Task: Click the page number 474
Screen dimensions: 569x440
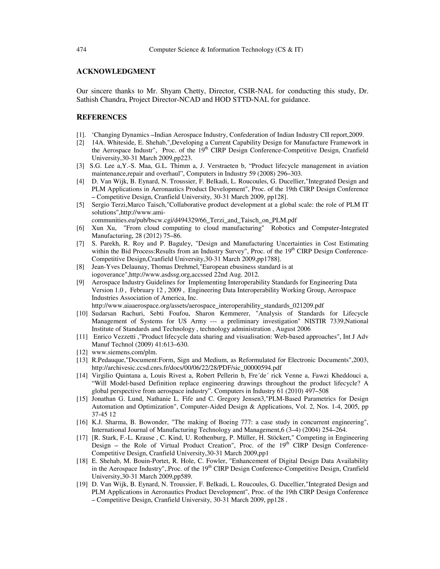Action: (x=81, y=50)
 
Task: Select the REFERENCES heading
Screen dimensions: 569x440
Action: (x=102, y=117)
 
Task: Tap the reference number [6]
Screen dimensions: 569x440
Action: (x=80, y=228)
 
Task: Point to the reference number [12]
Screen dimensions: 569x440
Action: (x=82, y=353)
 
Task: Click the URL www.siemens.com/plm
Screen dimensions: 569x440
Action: (x=124, y=353)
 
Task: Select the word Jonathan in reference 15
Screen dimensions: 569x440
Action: (x=104, y=399)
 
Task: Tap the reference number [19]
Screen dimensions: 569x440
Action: (x=82, y=484)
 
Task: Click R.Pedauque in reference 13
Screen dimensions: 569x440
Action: (x=107, y=360)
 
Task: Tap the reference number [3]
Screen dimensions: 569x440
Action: (x=80, y=166)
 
